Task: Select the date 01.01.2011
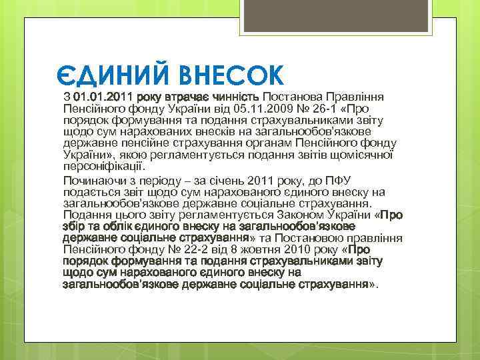(103, 97)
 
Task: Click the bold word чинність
(233, 97)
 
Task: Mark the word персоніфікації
(101, 167)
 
